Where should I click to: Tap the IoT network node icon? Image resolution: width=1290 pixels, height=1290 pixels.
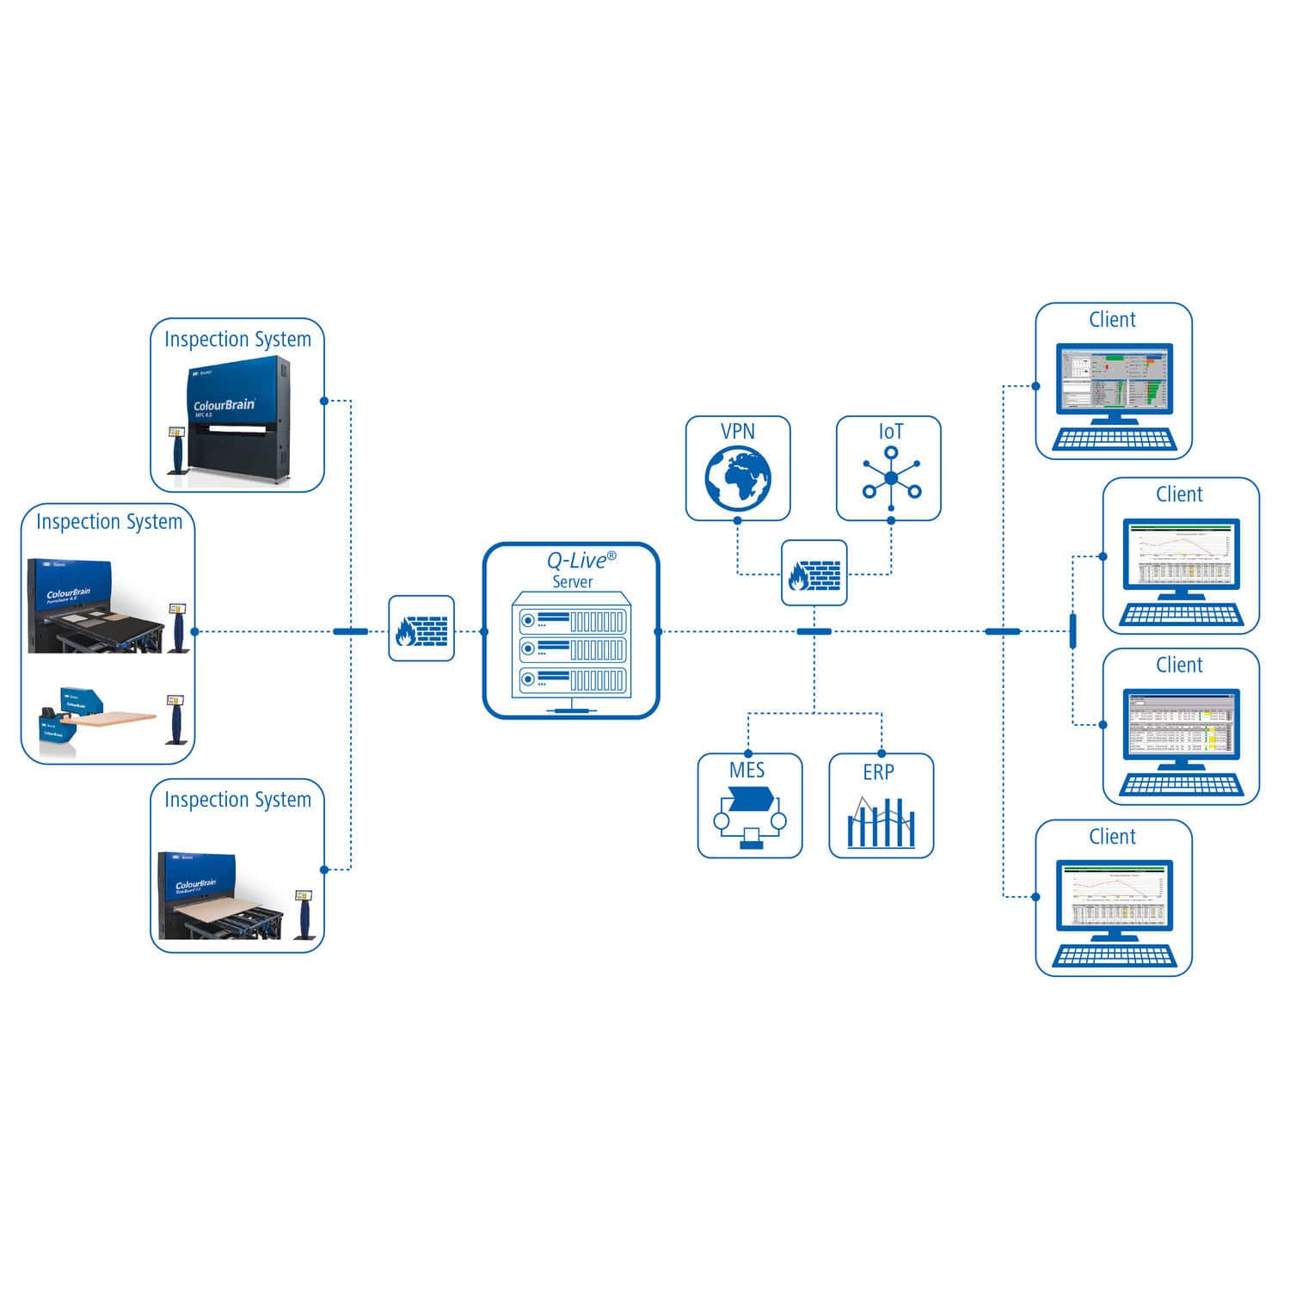[x=891, y=479]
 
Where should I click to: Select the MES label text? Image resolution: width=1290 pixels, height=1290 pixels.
[x=746, y=771]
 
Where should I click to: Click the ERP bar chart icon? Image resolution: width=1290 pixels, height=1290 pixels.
[x=881, y=823]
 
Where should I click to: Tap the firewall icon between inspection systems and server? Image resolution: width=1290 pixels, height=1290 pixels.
[x=421, y=629]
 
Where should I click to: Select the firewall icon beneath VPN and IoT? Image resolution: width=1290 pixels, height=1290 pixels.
[x=814, y=573]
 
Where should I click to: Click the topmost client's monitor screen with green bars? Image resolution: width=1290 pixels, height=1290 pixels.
[x=1113, y=379]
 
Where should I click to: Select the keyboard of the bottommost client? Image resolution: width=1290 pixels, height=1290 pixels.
[x=1113, y=956]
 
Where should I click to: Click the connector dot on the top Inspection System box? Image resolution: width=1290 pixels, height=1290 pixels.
[x=323, y=401]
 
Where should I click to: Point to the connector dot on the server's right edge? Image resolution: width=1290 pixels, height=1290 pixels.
[x=658, y=631]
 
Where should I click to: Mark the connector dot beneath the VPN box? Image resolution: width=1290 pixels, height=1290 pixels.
[x=737, y=521]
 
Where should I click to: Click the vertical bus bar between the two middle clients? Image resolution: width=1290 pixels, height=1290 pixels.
[x=1072, y=631]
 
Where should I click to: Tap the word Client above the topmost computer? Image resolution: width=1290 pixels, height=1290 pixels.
[x=1112, y=320]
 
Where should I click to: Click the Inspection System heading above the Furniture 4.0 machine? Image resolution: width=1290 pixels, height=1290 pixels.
[x=109, y=522]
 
